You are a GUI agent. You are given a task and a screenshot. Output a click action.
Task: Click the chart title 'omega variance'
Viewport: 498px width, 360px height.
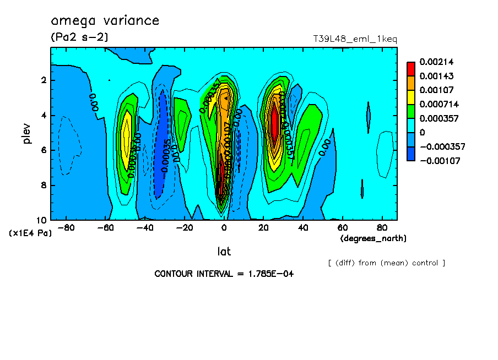[x=105, y=21]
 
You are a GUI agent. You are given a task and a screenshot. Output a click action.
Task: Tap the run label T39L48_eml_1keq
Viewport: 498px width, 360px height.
[x=355, y=39]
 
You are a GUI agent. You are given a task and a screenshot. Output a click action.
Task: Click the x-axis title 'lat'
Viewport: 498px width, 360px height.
[x=224, y=252]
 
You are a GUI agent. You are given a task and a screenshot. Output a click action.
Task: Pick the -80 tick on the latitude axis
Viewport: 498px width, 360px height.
[x=67, y=227]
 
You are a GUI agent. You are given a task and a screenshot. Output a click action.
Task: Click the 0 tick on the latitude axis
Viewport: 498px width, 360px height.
[x=224, y=227]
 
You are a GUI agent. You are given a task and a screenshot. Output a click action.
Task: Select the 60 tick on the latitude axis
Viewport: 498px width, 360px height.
[x=342, y=227]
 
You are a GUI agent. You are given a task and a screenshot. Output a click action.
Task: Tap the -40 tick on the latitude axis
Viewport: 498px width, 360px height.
[x=145, y=227]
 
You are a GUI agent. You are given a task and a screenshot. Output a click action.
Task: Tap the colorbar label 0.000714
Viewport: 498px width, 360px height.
[x=436, y=104]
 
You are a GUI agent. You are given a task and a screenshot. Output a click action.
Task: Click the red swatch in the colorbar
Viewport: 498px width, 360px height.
[x=410, y=69]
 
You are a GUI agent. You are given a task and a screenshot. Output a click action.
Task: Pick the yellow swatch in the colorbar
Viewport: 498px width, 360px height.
[x=410, y=97]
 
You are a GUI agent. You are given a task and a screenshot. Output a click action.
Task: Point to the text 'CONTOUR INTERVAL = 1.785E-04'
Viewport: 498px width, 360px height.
[x=224, y=274]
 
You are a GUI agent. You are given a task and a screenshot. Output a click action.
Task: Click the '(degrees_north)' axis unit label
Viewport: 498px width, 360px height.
[x=373, y=238]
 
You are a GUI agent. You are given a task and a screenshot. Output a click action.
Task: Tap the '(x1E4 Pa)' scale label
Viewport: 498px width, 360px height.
[x=30, y=233]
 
